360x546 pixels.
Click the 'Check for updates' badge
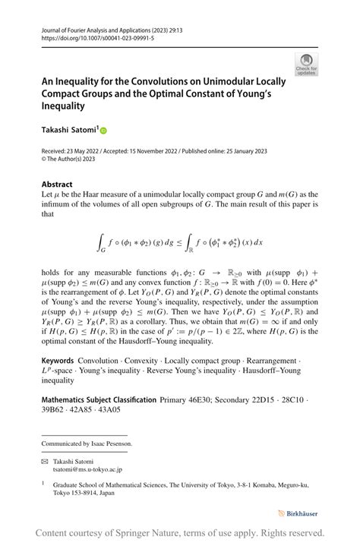pyautogui.click(x=306, y=65)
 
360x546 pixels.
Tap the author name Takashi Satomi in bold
pyautogui.click(x=69, y=130)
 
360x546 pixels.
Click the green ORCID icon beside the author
pyautogui.click(x=104, y=131)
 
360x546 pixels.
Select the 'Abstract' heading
pyautogui.click(x=57, y=185)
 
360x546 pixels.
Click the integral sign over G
pyautogui.click(x=100, y=241)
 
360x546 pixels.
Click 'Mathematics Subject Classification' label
pyautogui.click(x=99, y=399)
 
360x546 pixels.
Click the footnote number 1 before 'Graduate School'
pyautogui.click(x=43, y=481)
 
